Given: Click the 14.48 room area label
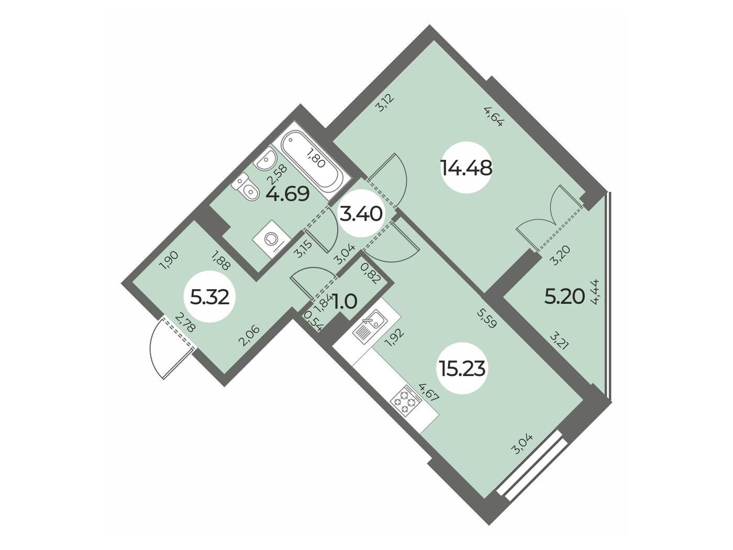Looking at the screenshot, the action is click(x=467, y=168).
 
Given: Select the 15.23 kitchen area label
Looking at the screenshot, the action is click(x=462, y=369).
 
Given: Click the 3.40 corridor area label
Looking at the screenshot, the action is click(x=361, y=213).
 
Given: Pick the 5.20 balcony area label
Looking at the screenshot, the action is click(x=565, y=296).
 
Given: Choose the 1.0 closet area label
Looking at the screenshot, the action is click(x=345, y=301).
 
